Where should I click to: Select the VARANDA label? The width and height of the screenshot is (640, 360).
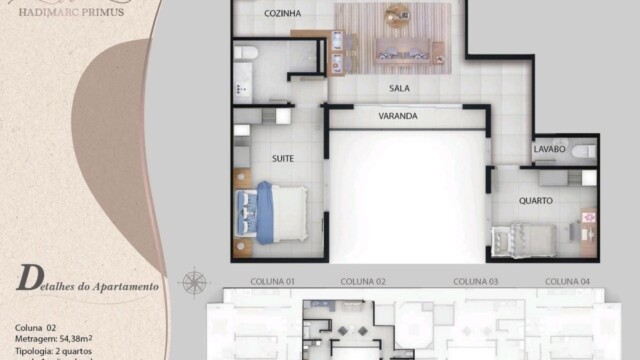(x=371, y=117)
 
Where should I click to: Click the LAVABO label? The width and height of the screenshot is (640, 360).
(x=549, y=149)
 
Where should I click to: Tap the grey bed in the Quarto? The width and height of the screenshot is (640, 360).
(x=521, y=241)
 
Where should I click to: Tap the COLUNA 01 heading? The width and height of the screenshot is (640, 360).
(x=272, y=281)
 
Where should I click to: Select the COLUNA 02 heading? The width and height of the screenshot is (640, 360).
(x=363, y=281)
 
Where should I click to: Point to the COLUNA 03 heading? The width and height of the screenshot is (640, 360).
(x=476, y=281)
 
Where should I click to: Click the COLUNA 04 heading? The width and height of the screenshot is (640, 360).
(x=568, y=281)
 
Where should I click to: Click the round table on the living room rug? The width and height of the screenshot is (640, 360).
(x=397, y=12)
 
